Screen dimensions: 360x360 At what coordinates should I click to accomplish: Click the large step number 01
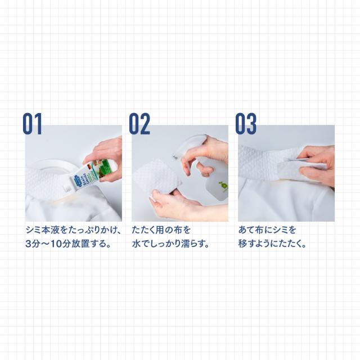[x=33, y=124]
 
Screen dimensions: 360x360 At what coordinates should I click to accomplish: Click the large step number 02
[x=139, y=124]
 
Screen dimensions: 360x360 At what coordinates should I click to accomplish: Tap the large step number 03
[x=246, y=124]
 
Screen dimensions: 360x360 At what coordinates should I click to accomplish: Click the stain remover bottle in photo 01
[x=90, y=174]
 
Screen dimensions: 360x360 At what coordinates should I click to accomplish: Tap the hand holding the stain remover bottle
[x=106, y=159]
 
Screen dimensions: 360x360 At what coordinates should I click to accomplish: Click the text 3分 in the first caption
[x=33, y=244]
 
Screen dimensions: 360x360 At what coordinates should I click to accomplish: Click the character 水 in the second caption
[x=136, y=244]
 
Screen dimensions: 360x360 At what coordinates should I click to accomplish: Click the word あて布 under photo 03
[x=251, y=230]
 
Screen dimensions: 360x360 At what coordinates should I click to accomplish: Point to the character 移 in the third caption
[x=242, y=244]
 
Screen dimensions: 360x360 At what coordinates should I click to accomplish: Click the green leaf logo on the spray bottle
[x=223, y=185]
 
